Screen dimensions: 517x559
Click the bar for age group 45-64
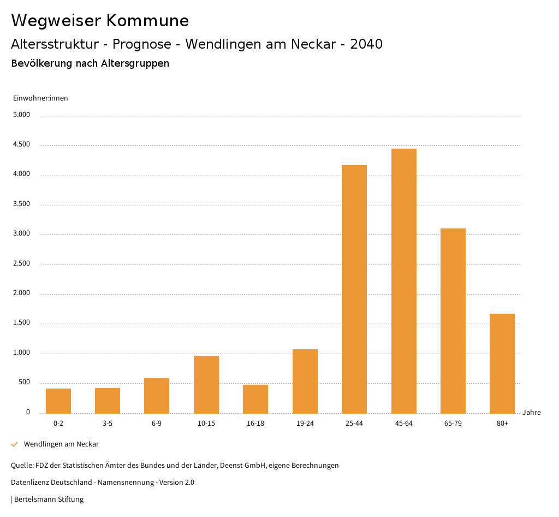tap(403, 281)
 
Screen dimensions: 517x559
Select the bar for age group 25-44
tap(354, 289)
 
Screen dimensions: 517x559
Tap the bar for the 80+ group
tap(502, 363)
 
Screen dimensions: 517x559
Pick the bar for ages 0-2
tap(58, 401)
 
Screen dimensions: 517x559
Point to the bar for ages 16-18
tap(255, 399)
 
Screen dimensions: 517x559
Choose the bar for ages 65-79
tap(453, 321)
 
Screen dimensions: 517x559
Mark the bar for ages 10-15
tap(206, 385)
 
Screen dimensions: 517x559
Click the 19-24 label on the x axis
tap(305, 424)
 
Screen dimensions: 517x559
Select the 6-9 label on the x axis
tap(157, 424)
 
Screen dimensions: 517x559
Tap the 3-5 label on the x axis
tap(108, 424)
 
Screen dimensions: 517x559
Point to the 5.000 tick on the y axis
tap(22, 115)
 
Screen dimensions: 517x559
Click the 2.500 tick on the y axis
tap(22, 264)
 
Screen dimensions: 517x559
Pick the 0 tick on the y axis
tap(28, 413)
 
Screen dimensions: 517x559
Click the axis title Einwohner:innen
tap(40, 98)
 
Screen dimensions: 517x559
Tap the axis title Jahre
tap(532, 413)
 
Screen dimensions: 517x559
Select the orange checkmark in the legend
tap(15, 444)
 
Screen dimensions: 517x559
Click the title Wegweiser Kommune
tap(100, 21)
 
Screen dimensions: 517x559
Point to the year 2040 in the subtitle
tap(366, 44)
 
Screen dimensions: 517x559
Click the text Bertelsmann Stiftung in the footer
tap(49, 500)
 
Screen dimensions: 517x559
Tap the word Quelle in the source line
tap(21, 466)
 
